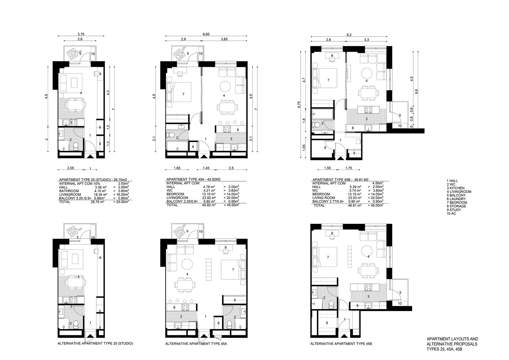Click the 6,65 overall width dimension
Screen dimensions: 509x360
[x=206, y=34]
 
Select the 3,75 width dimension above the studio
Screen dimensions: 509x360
[x=81, y=34]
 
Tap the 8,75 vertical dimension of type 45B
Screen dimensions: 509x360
[x=299, y=105]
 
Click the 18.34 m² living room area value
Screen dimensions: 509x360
[x=101, y=195]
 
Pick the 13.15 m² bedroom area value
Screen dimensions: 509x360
[x=355, y=194]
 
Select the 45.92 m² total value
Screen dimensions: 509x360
[x=209, y=205]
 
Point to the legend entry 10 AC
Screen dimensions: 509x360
[x=451, y=213]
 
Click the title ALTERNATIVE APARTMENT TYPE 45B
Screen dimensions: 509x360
[x=341, y=344]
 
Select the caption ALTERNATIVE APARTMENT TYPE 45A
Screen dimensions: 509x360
[x=196, y=344]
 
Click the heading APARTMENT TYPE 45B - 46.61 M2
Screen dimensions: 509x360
[x=340, y=179]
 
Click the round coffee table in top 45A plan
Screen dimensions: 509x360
[x=225, y=87]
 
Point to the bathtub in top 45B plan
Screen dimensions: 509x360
[x=323, y=114]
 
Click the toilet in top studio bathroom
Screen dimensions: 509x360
[x=76, y=147]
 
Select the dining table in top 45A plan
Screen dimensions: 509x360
[x=226, y=107]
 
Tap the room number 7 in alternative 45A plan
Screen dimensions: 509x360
[x=233, y=270]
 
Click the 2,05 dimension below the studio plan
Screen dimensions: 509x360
[x=70, y=168]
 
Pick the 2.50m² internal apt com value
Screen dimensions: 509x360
[x=123, y=183]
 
